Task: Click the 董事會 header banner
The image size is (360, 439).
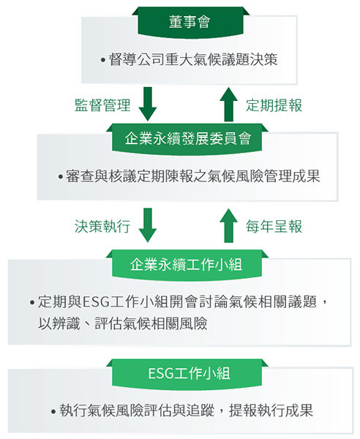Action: [x=190, y=23]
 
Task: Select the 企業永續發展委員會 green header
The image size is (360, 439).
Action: [x=187, y=139]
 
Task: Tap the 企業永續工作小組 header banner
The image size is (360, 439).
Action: [x=187, y=265]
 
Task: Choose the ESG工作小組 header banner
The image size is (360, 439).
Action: [x=187, y=374]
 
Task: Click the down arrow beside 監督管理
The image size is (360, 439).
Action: [x=148, y=104]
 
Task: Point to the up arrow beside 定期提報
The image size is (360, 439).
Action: [x=229, y=104]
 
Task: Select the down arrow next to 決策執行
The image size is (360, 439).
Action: [x=148, y=225]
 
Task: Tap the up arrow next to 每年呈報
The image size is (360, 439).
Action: [x=229, y=225]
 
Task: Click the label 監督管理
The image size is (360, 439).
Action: [x=102, y=105]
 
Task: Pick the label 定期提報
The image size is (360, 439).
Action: [x=274, y=105]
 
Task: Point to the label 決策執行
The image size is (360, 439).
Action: [x=102, y=227]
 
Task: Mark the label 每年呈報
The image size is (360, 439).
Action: [x=274, y=227]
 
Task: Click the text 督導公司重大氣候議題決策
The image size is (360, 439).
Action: [x=193, y=60]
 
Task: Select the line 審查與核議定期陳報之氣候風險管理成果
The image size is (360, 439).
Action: [x=193, y=176]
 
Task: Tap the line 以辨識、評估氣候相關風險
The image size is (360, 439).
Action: [x=123, y=323]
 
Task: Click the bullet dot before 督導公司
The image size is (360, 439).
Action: [x=103, y=60]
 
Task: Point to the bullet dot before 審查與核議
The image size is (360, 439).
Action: [x=61, y=177]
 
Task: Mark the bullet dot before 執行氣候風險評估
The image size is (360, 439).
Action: [x=53, y=411]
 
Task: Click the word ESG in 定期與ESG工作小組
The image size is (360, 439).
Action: [x=96, y=302]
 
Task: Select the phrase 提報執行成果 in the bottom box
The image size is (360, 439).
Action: [x=271, y=410]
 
